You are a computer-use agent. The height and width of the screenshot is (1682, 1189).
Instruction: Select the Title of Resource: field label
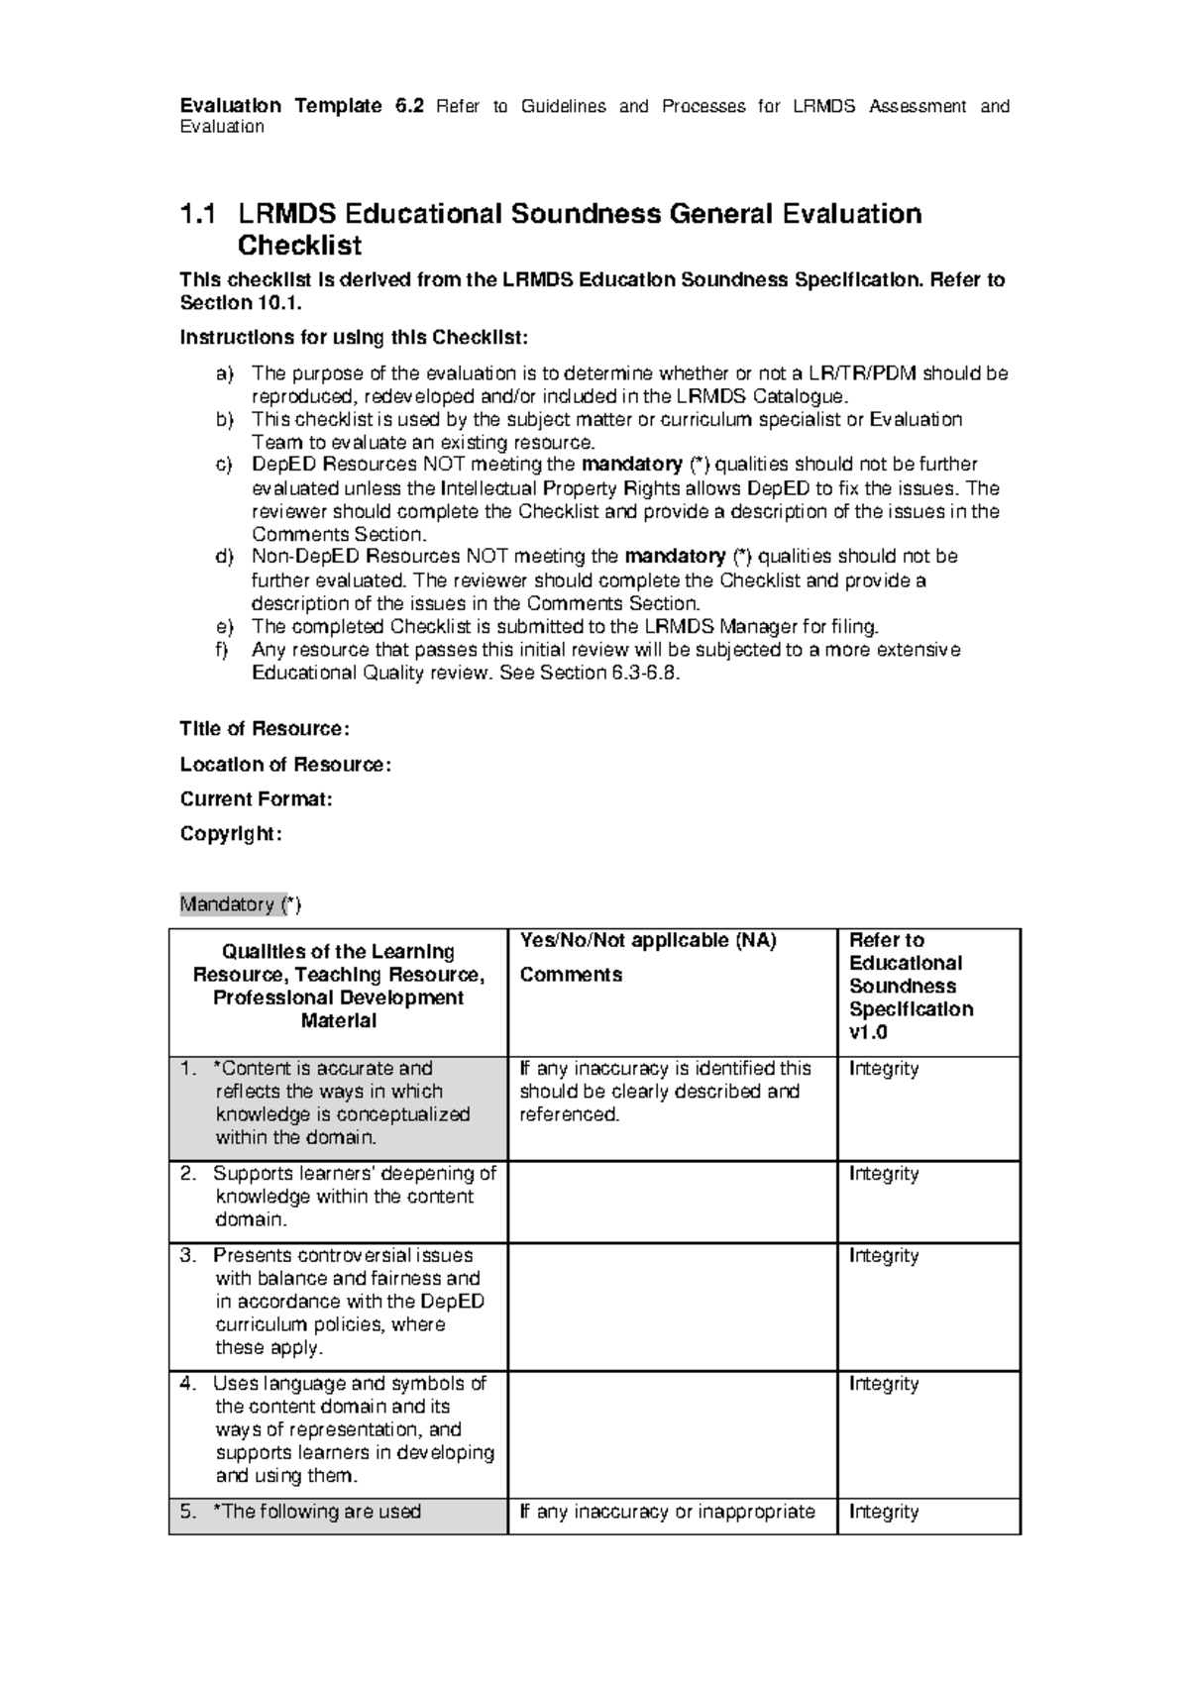(x=264, y=729)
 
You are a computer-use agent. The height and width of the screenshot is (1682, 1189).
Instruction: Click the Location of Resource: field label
(x=285, y=765)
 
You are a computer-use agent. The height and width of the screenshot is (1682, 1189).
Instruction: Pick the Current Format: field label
(x=256, y=799)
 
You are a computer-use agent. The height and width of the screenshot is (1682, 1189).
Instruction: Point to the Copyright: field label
(x=231, y=834)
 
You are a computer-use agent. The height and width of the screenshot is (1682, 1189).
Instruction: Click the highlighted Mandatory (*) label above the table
(x=240, y=904)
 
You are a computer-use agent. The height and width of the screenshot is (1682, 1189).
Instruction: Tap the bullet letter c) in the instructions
(x=224, y=465)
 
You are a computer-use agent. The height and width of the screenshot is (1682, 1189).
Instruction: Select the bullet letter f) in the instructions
(x=223, y=650)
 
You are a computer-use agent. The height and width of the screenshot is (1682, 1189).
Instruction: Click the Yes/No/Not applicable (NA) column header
(x=648, y=940)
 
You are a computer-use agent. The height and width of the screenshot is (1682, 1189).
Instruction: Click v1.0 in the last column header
(x=868, y=1032)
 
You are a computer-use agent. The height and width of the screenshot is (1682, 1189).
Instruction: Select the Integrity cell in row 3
(x=884, y=1256)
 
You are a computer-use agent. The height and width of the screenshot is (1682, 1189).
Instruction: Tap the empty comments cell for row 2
(x=672, y=1202)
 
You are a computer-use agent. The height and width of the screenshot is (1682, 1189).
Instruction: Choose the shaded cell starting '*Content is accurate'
(x=337, y=1103)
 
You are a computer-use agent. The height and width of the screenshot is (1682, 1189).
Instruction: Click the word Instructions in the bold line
(x=229, y=338)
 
